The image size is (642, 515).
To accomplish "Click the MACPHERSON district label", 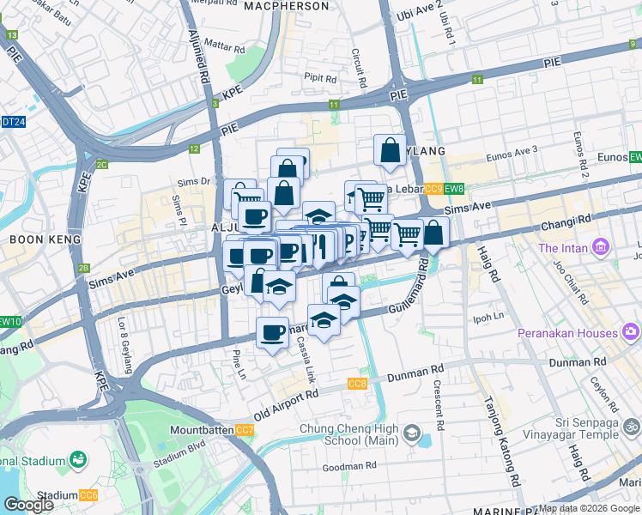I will (x=286, y=6).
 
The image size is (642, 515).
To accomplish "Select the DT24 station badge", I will (x=13, y=122).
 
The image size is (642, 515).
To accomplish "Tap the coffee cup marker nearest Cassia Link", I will (x=273, y=332).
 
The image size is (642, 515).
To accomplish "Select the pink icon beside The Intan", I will (x=600, y=249).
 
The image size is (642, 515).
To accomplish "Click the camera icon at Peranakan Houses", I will (x=632, y=332).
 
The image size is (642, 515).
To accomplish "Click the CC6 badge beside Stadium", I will (x=88, y=495).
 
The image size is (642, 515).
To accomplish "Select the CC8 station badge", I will (x=358, y=384).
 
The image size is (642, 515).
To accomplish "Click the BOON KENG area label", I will (x=33, y=239).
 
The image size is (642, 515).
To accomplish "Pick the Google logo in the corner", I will (x=27, y=505).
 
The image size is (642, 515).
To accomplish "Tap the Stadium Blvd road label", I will (x=181, y=446).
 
